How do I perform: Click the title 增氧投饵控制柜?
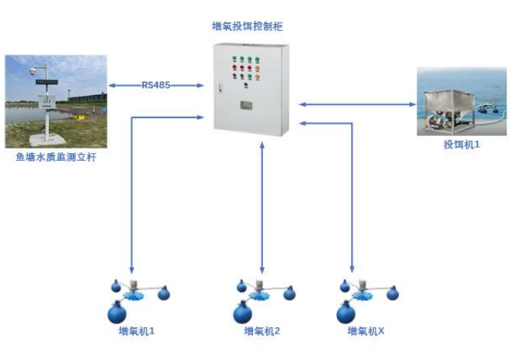tap(247, 26)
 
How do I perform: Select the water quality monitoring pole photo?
tap(55, 101)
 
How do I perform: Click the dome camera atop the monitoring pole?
tap(33, 71)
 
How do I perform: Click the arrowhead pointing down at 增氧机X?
tap(352, 266)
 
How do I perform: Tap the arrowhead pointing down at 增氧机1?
tap(133, 266)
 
